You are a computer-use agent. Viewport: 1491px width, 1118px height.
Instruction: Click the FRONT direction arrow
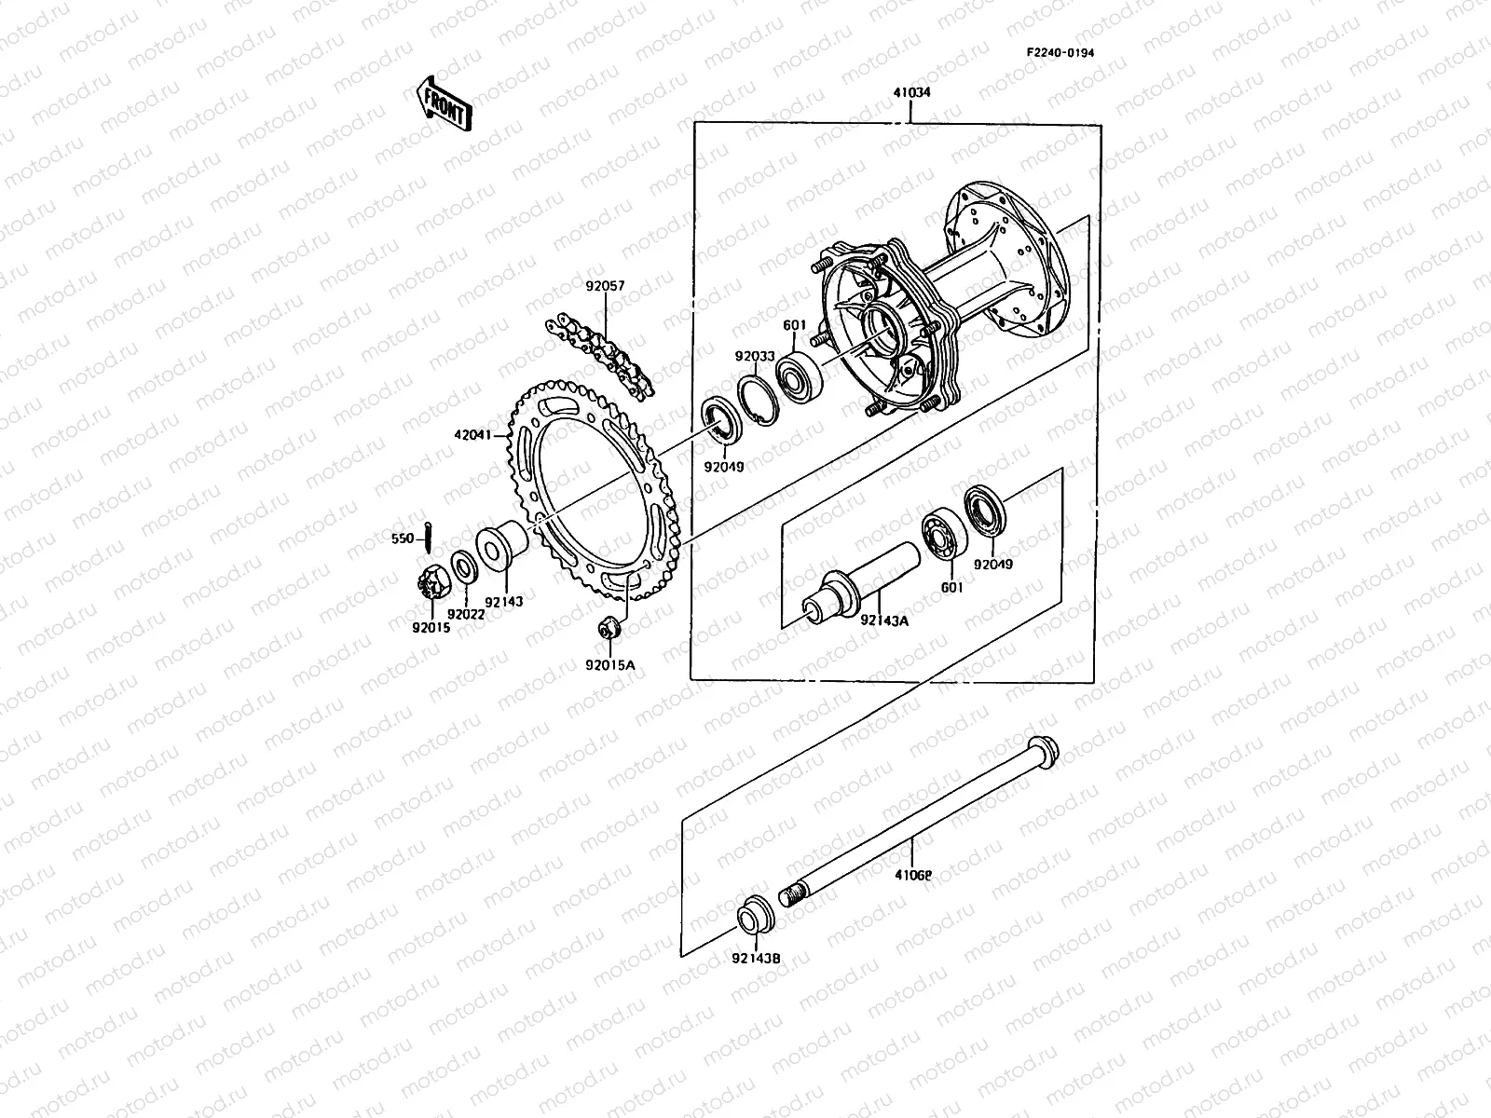443,102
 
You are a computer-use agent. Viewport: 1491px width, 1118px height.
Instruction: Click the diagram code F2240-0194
1060,52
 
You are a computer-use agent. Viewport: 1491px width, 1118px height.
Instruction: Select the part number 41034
910,93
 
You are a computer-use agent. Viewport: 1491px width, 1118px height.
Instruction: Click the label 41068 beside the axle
913,875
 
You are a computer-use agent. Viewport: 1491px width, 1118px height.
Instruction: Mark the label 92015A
609,664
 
